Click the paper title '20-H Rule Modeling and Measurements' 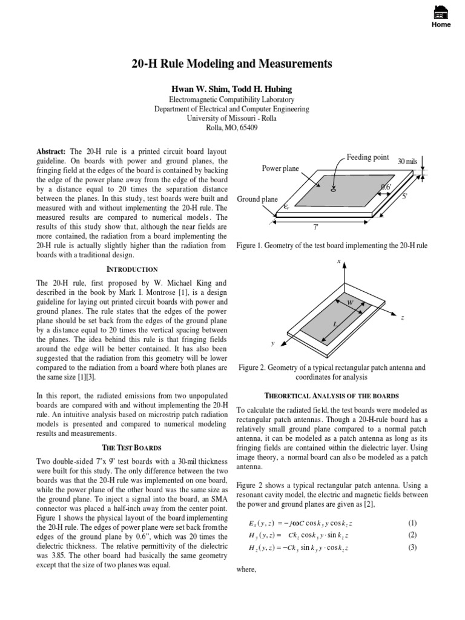pyautogui.click(x=232, y=64)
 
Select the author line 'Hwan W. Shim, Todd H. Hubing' pyautogui.click(x=232, y=89)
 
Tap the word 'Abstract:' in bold pyautogui.click(x=52, y=151)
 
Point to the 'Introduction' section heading pyautogui.click(x=132, y=269)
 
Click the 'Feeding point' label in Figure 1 pyautogui.click(x=368, y=157)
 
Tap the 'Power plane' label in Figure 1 pyautogui.click(x=280, y=168)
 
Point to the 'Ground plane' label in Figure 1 pyautogui.click(x=257, y=199)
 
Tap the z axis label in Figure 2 pyautogui.click(x=403, y=318)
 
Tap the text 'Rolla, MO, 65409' pyautogui.click(x=232, y=128)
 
